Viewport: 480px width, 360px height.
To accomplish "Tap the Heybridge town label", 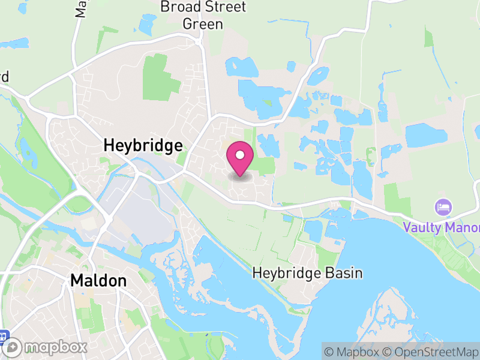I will click(x=143, y=146).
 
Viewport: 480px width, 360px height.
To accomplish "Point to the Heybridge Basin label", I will click(x=307, y=274).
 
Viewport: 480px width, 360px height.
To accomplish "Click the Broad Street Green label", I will click(x=203, y=16).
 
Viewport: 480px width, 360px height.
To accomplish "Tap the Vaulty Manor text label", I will click(x=442, y=228).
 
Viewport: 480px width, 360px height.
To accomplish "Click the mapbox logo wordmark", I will click(x=56, y=347).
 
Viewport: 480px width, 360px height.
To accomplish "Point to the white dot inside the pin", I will click(x=240, y=155).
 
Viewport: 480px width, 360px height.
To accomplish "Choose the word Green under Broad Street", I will click(x=203, y=24).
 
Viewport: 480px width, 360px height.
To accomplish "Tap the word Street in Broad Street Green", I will click(x=223, y=7).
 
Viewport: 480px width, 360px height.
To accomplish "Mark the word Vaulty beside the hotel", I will click(x=422, y=228).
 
